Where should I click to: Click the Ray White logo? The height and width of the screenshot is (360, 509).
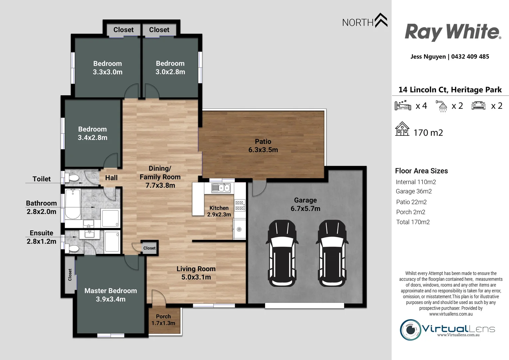[453, 32]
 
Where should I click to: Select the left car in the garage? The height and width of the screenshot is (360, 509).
[282, 253]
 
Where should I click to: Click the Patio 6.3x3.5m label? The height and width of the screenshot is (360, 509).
[263, 146]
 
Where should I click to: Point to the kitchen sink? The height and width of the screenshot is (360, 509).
[221, 188]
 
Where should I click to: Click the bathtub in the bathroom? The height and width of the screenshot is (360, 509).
[72, 204]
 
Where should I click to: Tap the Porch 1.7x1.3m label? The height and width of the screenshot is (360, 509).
[163, 320]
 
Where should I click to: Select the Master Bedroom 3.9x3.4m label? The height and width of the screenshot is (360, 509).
[111, 295]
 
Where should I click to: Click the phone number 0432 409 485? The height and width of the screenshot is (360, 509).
[470, 57]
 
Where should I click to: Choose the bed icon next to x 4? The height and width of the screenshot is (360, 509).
[403, 105]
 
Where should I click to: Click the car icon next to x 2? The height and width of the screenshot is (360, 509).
[478, 106]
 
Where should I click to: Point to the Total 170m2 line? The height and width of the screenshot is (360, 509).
[413, 222]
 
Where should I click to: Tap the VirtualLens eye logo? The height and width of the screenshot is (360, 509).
[410, 330]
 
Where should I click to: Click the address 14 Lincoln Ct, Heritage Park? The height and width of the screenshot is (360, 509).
[450, 90]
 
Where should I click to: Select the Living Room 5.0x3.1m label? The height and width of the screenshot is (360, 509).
[196, 273]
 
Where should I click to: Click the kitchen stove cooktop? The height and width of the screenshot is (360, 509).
[240, 205]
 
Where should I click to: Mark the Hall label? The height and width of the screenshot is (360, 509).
[111, 178]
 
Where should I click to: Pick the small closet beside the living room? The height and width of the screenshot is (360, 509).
[149, 248]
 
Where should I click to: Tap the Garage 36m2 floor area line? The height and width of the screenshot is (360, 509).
[414, 191]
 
